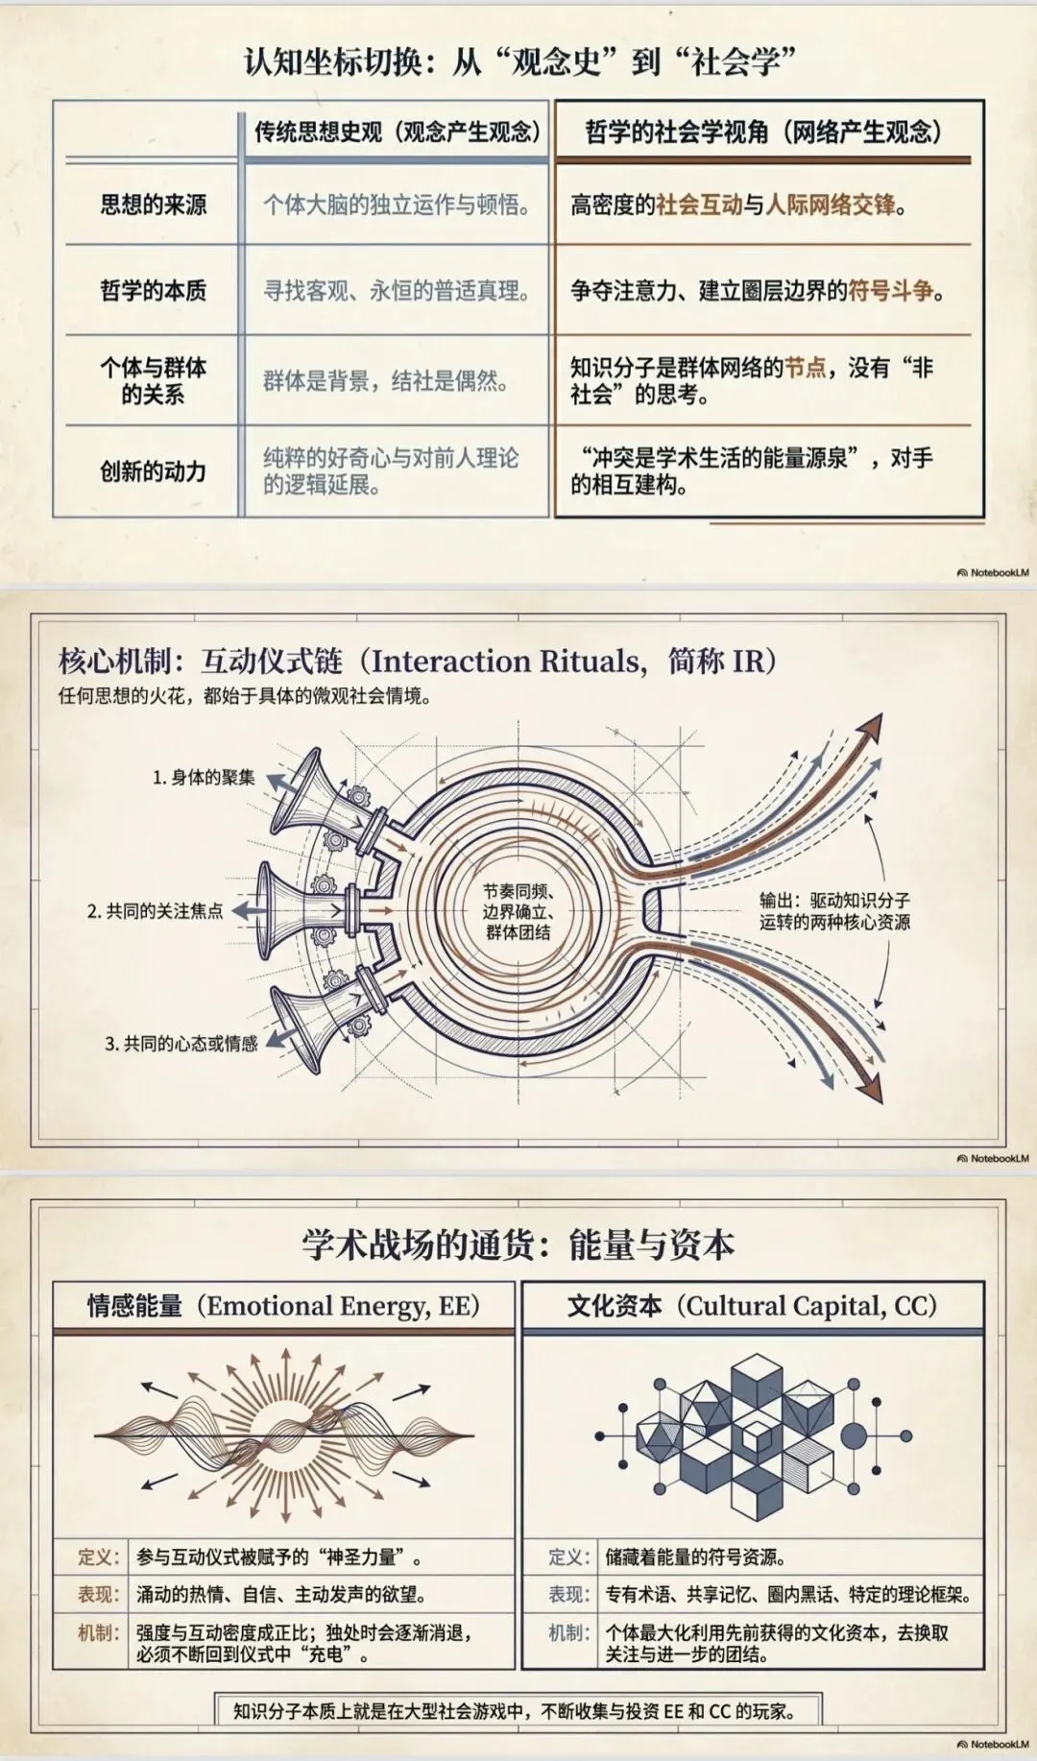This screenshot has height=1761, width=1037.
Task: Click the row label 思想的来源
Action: pyautogui.click(x=153, y=205)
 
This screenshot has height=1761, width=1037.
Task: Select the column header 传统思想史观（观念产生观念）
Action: pyautogui.click(x=398, y=132)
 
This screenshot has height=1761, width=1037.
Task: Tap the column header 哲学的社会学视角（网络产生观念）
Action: pyautogui.click(x=764, y=132)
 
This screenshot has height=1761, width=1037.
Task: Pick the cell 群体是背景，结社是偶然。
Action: pyautogui.click(x=386, y=381)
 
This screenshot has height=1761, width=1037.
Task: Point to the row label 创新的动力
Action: pyautogui.click(x=153, y=471)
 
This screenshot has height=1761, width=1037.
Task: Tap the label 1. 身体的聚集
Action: pyautogui.click(x=204, y=778)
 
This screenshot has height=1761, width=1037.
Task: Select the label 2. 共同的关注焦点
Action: pyautogui.click(x=155, y=911)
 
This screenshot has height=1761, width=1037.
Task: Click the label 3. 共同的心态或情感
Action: pyautogui.click(x=181, y=1044)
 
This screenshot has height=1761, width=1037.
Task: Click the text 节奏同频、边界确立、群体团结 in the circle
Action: pyautogui.click(x=518, y=911)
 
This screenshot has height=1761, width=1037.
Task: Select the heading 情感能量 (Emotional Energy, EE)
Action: pyautogui.click(x=283, y=1306)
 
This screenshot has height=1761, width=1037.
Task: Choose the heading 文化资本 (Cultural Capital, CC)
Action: pyautogui.click(x=752, y=1306)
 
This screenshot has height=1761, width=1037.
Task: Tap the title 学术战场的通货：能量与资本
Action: pyautogui.click(x=518, y=1244)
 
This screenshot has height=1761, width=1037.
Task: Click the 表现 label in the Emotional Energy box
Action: pyautogui.click(x=98, y=1595)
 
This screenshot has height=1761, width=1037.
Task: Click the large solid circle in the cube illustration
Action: pyautogui.click(x=853, y=1436)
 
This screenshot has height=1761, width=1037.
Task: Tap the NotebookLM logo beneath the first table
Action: pyautogui.click(x=992, y=573)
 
